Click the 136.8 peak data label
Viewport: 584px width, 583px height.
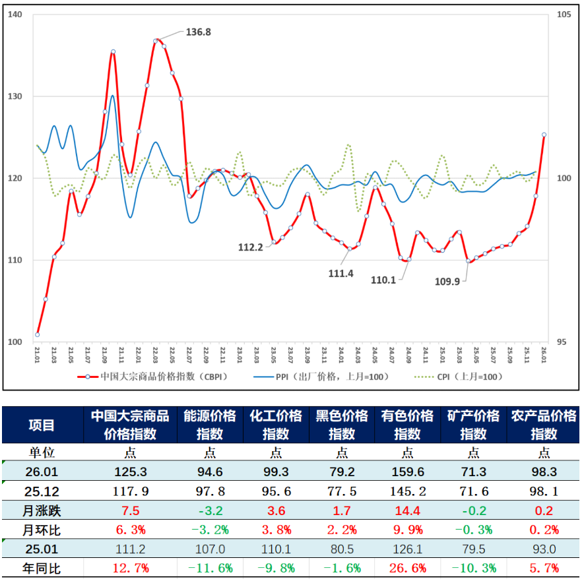pyautogui.click(x=198, y=32)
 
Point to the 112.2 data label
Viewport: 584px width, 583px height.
pyautogui.click(x=251, y=247)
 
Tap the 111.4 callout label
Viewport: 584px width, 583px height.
pyautogui.click(x=341, y=273)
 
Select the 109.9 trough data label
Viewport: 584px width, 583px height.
pyautogui.click(x=447, y=280)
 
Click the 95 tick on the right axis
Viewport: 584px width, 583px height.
pyautogui.click(x=563, y=342)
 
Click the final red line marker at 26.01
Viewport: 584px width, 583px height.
pyautogui.click(x=544, y=135)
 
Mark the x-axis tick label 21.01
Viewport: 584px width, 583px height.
pyautogui.click(x=38, y=356)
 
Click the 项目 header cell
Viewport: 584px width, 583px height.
pyautogui.click(x=42, y=425)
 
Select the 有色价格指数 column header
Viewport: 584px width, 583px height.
pyautogui.click(x=407, y=425)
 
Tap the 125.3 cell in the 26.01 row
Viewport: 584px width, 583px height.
pyautogui.click(x=130, y=472)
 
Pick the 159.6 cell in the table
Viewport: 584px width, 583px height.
pyautogui.click(x=407, y=472)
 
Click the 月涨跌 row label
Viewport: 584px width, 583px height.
pyautogui.click(x=42, y=510)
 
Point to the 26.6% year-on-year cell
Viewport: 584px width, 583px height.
pyautogui.click(x=407, y=568)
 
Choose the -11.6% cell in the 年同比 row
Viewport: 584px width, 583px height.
pyautogui.click(x=209, y=568)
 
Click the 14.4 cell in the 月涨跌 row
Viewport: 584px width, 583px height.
pyautogui.click(x=407, y=510)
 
